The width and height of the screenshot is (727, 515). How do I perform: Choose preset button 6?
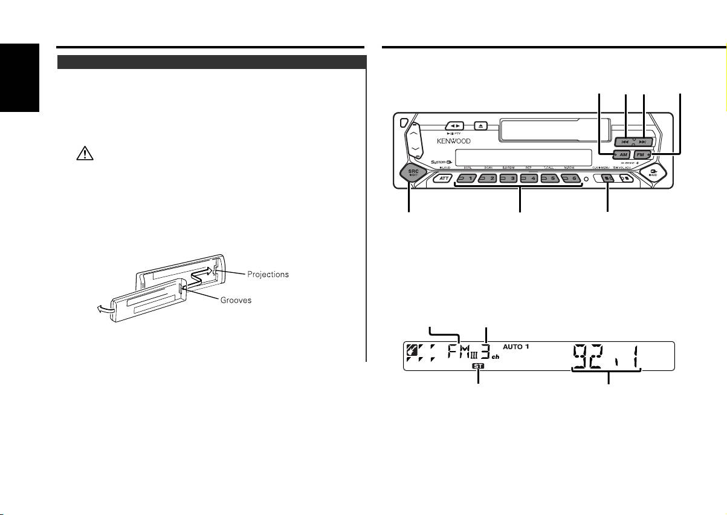571,179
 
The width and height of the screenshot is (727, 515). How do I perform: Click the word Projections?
268,274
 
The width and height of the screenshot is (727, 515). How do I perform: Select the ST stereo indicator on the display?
479,366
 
